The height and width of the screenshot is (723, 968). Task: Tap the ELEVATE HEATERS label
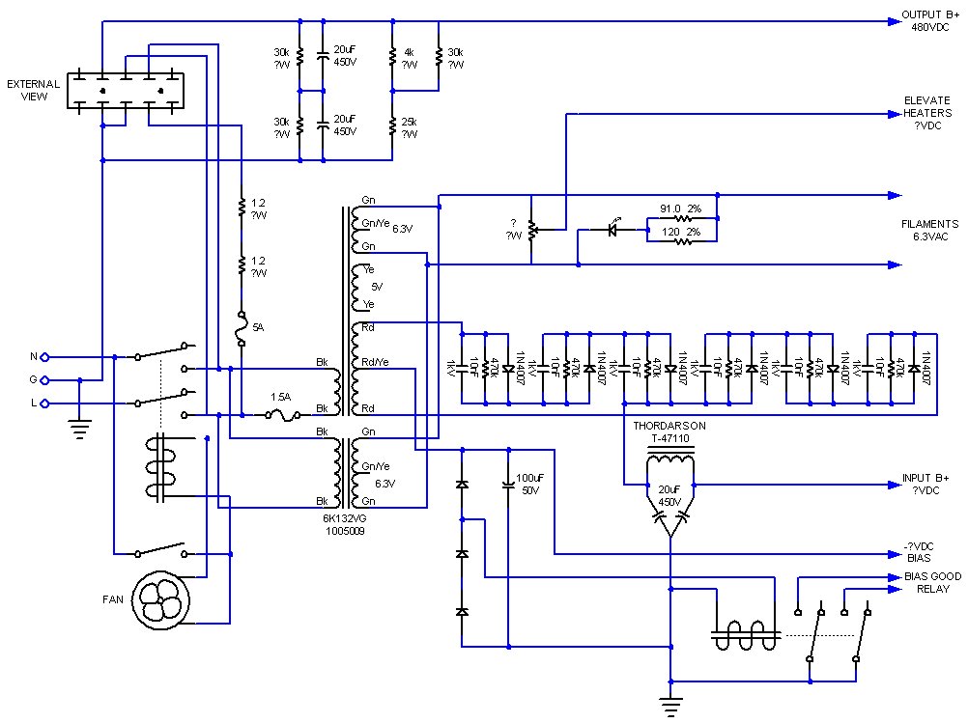[927, 113]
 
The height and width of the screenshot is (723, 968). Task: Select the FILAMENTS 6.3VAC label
[931, 230]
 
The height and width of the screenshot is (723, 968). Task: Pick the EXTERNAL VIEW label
[34, 90]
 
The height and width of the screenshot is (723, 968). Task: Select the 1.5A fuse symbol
[280, 415]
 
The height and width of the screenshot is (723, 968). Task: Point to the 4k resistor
[392, 58]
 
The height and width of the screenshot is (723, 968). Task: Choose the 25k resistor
[392, 126]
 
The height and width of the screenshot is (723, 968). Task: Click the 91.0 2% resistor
[681, 220]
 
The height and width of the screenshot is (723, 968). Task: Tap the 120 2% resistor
[681, 241]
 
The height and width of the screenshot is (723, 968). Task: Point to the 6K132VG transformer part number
[344, 524]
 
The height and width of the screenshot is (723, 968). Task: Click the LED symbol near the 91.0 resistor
[611, 230]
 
